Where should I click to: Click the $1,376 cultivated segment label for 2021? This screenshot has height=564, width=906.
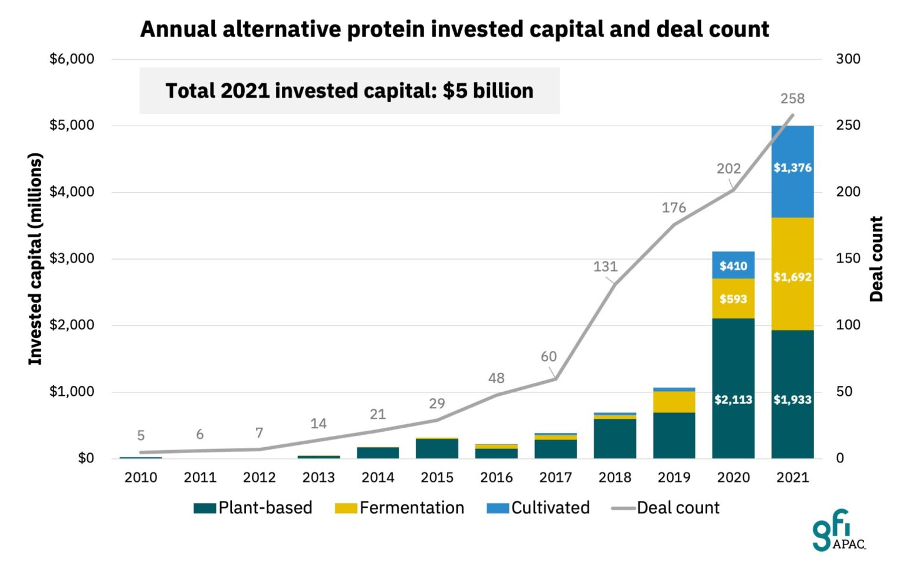[792, 168]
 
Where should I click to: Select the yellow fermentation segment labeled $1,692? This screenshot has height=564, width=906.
[792, 277]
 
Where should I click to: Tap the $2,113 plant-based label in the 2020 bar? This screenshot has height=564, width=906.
[733, 400]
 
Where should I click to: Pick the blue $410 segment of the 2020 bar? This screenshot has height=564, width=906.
[733, 265]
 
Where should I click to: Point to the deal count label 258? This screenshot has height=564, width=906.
[792, 99]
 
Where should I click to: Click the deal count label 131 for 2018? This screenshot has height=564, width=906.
[605, 267]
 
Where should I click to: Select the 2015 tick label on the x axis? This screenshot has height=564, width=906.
[437, 477]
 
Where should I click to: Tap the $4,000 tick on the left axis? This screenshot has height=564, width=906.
[72, 192]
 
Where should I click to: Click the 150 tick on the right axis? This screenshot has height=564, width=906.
[848, 258]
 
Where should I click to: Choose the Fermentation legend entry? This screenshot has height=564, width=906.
[400, 508]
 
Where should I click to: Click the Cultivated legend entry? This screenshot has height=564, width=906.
[539, 508]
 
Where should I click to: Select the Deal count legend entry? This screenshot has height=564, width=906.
[666, 508]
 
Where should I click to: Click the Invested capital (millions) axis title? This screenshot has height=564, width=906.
[35, 259]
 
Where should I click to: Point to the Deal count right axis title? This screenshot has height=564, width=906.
[877, 259]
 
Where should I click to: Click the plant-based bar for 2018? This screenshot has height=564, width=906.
[615, 438]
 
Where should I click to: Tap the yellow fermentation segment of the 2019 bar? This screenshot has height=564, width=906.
[674, 402]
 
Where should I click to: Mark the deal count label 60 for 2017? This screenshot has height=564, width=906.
[549, 356]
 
